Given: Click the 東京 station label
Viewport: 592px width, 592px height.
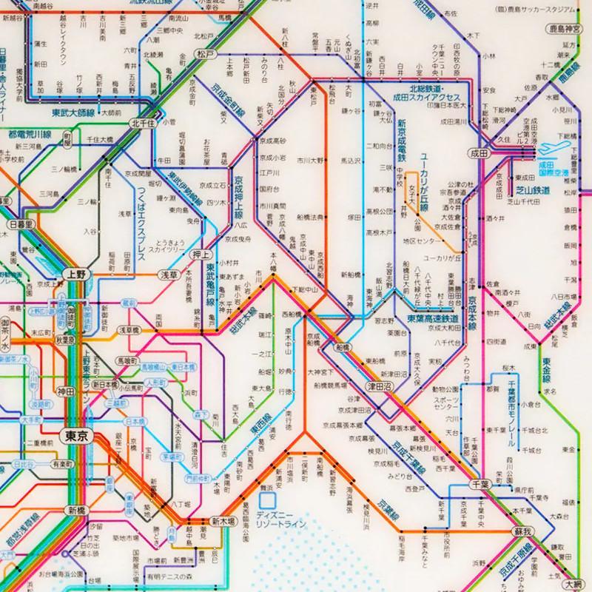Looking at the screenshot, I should pos(76,436).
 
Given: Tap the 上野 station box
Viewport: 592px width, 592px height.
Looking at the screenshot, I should pos(76,272).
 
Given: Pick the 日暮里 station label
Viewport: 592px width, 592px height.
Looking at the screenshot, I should pos(21,224).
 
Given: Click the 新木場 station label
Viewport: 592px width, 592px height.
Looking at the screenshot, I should pos(221,520).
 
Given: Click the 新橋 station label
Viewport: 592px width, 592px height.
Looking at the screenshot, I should pos(76,511).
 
